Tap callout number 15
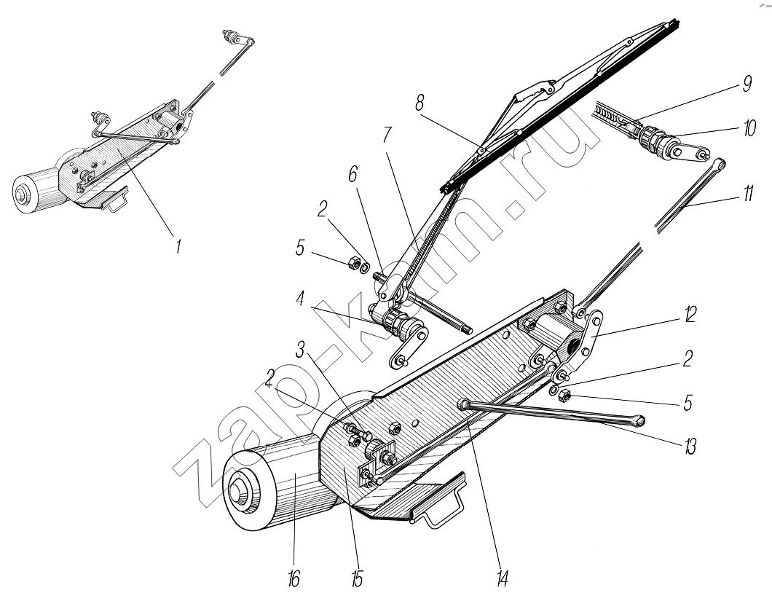point(356,579)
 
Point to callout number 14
point(503,579)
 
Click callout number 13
point(689,446)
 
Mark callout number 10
point(748,130)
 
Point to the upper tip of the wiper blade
point(677,24)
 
